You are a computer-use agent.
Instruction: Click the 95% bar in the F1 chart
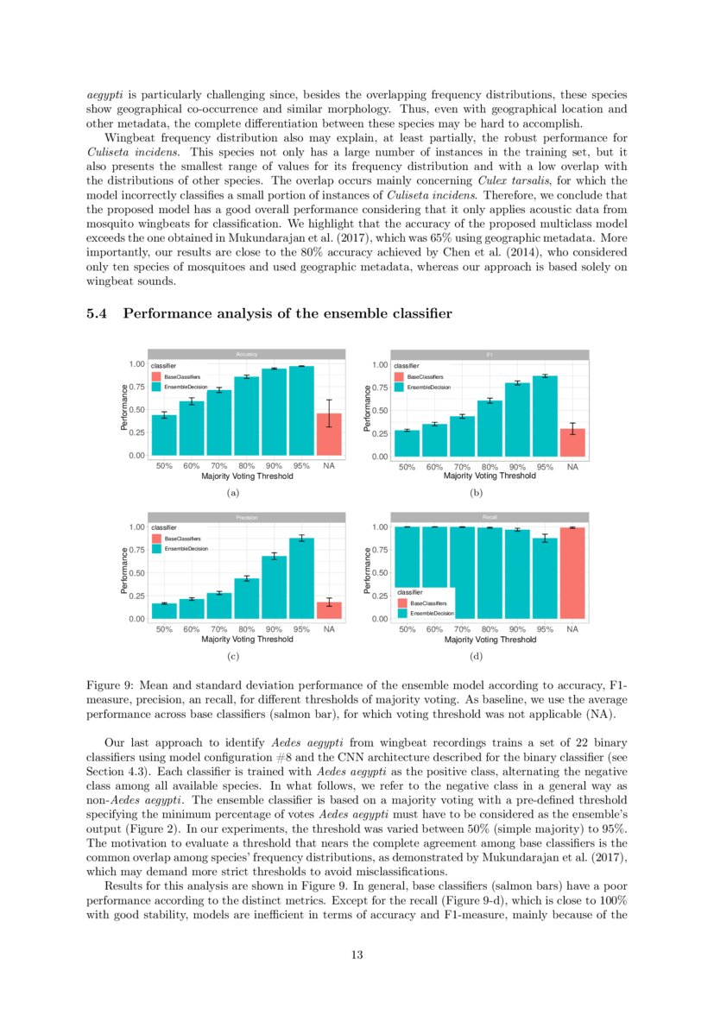[x=545, y=416]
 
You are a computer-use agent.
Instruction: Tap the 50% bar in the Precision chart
[x=164, y=610]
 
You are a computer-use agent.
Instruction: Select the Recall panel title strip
[x=490, y=517]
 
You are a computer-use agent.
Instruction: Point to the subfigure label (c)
[x=231, y=658]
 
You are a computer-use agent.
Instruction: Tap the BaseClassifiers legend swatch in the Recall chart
[x=402, y=602]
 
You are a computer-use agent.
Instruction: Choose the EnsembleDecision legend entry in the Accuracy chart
[x=184, y=388]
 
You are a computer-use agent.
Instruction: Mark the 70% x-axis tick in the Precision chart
[x=219, y=630]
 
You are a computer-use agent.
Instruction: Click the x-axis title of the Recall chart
[x=490, y=640]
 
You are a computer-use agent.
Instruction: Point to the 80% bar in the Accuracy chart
[x=246, y=416]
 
